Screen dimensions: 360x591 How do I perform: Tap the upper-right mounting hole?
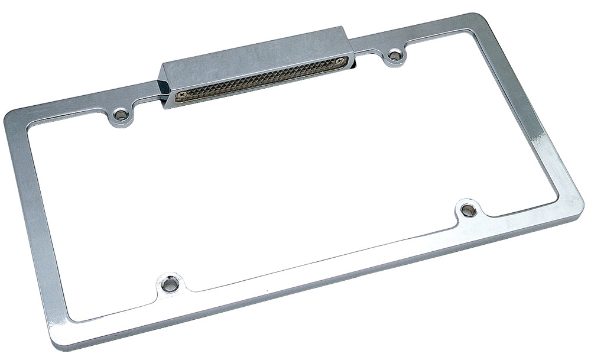coord(394,57)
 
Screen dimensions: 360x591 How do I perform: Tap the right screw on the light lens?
coord(340,60)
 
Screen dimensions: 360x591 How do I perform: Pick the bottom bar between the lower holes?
coord(319,260)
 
